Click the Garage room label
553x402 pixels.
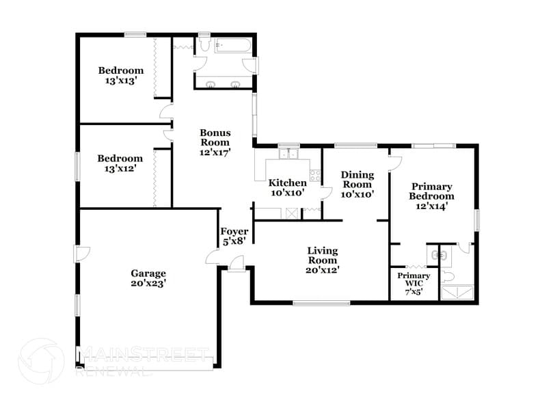pyautogui.click(x=148, y=273)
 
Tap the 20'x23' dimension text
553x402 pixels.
pyautogui.click(x=148, y=282)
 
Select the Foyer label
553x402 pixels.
pyautogui.click(x=234, y=231)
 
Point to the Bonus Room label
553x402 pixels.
pyautogui.click(x=215, y=137)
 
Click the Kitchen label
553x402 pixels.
pyautogui.click(x=287, y=183)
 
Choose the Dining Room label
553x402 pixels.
pyautogui.click(x=357, y=179)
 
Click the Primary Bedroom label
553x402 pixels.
pyautogui.click(x=431, y=191)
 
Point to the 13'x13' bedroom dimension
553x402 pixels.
pyautogui.click(x=121, y=81)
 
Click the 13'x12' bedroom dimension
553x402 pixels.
pyautogui.click(x=121, y=168)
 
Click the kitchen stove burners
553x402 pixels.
pyautogui.click(x=315, y=175)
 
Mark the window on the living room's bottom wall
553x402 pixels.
pyautogui.click(x=321, y=302)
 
